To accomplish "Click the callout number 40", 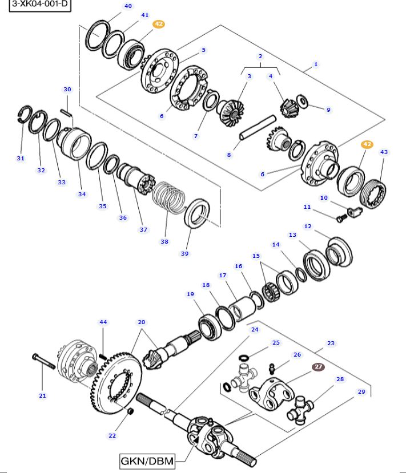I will tap(128, 6).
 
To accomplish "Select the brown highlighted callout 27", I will tap(318, 367).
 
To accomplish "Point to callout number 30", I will tap(67, 90).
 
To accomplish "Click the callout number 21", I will tap(42, 395).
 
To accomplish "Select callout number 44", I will tap(103, 322).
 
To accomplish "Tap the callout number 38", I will tap(164, 241).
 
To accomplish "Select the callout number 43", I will tap(384, 152).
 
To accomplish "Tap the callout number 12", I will tap(308, 227).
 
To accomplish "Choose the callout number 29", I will tap(361, 391).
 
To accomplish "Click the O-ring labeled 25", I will tap(243, 358).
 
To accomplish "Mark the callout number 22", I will tap(112, 435).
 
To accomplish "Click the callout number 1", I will tap(316, 64).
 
